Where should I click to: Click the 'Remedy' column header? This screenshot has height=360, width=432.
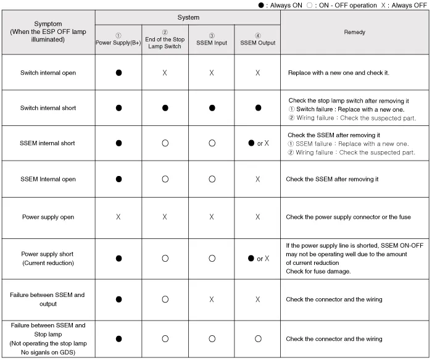(354, 32)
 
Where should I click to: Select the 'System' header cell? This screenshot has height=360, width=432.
(188, 17)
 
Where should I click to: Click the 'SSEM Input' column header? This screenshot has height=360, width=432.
(211, 43)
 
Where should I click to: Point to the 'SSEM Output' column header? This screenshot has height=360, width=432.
(257, 43)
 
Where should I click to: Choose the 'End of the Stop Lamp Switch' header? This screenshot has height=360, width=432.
(165, 43)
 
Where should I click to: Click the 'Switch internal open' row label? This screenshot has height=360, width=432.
(48, 73)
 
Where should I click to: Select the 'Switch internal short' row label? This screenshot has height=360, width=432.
(48, 108)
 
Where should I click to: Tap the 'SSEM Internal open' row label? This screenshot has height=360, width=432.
(48, 179)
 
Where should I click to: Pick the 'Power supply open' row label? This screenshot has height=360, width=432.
(48, 217)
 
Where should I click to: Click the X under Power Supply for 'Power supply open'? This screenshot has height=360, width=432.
(118, 217)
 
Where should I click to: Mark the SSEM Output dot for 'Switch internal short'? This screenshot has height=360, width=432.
(257, 108)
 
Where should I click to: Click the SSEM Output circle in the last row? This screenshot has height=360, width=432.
(257, 338)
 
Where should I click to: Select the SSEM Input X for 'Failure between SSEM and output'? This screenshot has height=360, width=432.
(211, 299)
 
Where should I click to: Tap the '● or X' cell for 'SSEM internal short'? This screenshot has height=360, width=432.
(258, 143)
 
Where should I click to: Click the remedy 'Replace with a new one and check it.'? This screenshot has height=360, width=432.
(338, 73)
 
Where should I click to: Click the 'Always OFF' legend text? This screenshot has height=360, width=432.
(410, 6)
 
